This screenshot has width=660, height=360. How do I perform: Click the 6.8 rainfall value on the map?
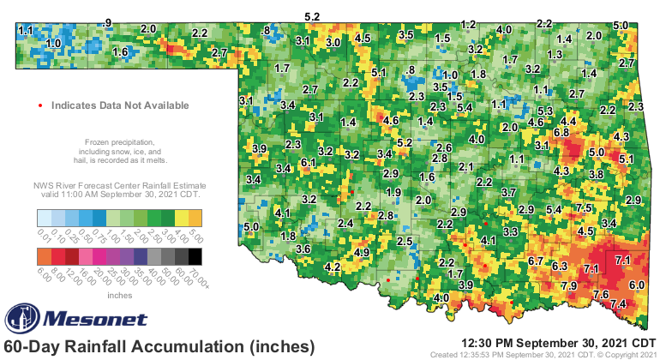tap(562, 133)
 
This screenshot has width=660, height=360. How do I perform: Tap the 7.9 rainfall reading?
tap(568, 285)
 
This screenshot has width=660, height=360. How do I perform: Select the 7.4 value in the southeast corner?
tap(617, 304)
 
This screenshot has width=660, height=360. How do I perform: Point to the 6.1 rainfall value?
tap(309, 162)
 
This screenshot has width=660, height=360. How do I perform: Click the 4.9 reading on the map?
tap(362, 252)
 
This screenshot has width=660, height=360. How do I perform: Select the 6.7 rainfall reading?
tap(537, 261)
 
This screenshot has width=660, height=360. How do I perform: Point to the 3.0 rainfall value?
tap(333, 41)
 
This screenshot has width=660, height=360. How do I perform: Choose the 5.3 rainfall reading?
tap(545, 111)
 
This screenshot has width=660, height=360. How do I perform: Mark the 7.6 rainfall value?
tap(601, 295)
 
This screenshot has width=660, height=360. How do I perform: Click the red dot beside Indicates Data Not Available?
tap(41, 105)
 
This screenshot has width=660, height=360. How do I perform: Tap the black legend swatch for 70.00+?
tap(195, 255)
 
